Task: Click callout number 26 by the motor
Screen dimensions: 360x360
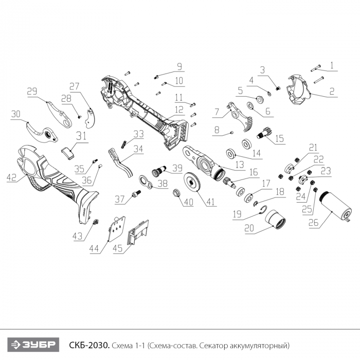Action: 313,223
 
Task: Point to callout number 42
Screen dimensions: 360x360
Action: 12,178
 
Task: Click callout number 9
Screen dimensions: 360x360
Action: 179,66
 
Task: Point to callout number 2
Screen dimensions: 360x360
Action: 332,92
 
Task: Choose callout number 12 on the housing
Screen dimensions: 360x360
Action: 178,110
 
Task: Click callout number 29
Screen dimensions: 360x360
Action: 32,92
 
